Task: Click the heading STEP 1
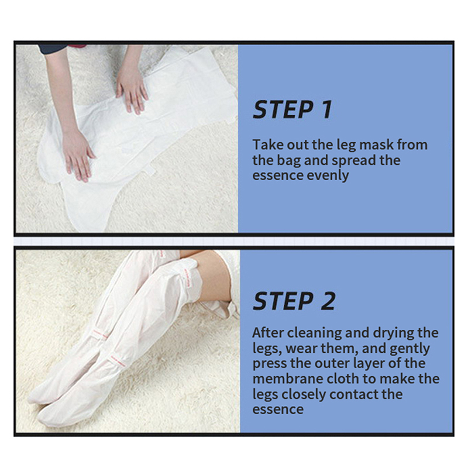[x=292, y=110]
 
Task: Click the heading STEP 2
[x=294, y=301]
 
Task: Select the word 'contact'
[x=354, y=394]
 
